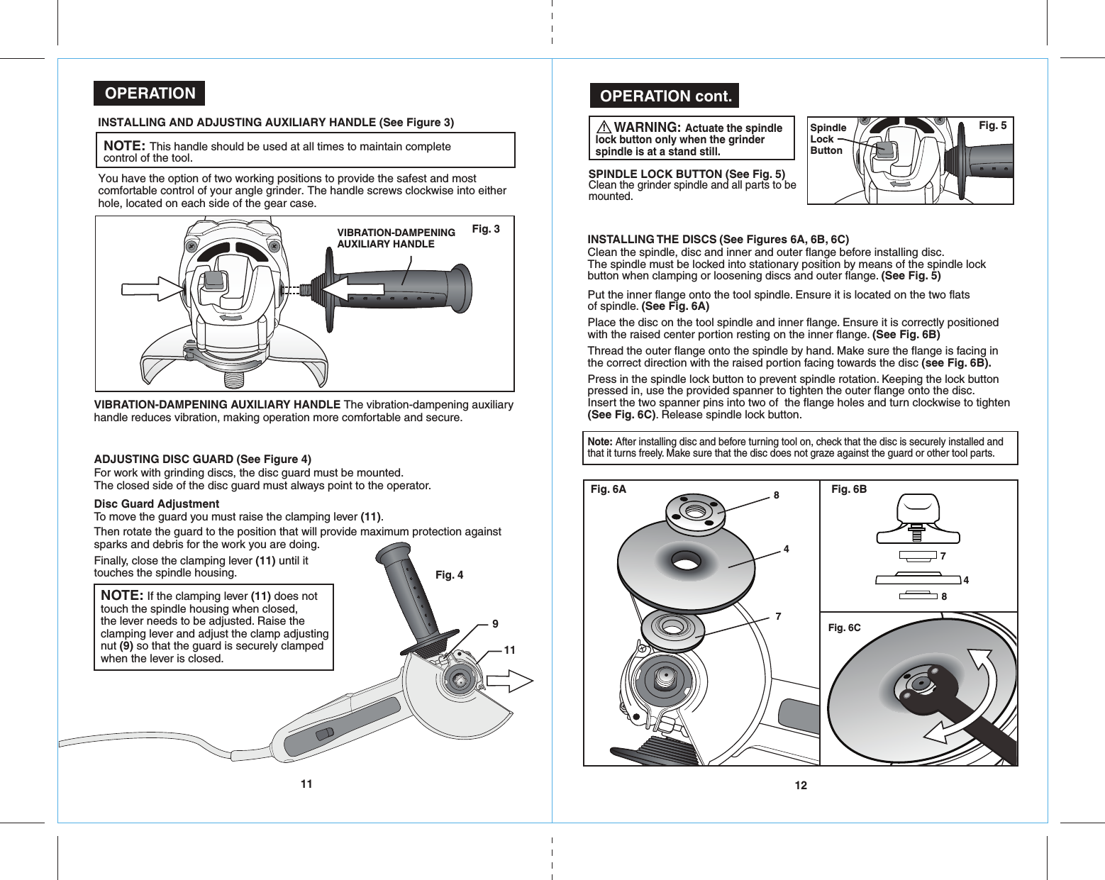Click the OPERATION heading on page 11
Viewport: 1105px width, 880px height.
(x=150, y=94)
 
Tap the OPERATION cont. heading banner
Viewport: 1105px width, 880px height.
(x=665, y=96)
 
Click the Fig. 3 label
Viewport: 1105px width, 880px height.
(x=486, y=228)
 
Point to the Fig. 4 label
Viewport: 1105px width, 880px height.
(x=449, y=574)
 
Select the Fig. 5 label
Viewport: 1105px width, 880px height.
(x=992, y=126)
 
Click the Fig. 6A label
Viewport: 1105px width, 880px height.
(x=609, y=489)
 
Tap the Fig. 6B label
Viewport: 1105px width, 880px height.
(x=848, y=489)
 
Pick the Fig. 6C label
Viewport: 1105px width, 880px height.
(x=844, y=628)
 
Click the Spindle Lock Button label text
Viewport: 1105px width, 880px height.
(x=828, y=139)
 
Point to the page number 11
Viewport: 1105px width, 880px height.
(x=306, y=784)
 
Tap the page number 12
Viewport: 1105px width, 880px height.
(x=801, y=785)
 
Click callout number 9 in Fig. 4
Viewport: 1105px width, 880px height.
(x=495, y=624)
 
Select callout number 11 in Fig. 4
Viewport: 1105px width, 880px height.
(x=509, y=650)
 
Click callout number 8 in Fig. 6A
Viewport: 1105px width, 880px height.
(x=777, y=495)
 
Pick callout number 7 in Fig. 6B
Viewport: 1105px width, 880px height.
(x=943, y=556)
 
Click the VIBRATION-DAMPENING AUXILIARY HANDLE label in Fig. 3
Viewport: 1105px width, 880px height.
(x=396, y=238)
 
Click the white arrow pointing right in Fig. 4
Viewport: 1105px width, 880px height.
(x=510, y=681)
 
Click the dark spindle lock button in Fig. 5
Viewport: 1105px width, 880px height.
(x=884, y=150)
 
